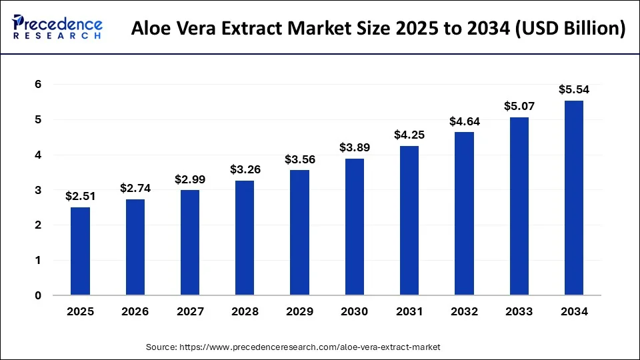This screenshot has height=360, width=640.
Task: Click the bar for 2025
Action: pyautogui.click(x=80, y=251)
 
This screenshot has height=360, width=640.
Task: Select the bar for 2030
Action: pyautogui.click(x=355, y=227)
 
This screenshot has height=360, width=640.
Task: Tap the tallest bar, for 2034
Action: pyautogui.click(x=574, y=198)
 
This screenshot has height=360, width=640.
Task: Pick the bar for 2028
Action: pyautogui.click(x=245, y=238)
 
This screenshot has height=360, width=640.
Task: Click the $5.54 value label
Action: pyautogui.click(x=574, y=89)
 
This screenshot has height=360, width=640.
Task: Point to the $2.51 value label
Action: pyautogui.click(x=80, y=196)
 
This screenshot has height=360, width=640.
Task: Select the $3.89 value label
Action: pyautogui.click(x=355, y=147)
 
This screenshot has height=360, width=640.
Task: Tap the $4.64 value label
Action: pyautogui.click(x=464, y=121)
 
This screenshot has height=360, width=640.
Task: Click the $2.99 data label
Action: pyautogui.click(x=190, y=179)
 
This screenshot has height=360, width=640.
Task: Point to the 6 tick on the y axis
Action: pyautogui.click(x=39, y=85)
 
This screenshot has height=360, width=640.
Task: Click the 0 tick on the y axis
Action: pyautogui.click(x=39, y=296)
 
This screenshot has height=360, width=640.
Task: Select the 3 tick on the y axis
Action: pyautogui.click(x=39, y=190)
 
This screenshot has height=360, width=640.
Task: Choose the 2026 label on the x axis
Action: pyautogui.click(x=135, y=312)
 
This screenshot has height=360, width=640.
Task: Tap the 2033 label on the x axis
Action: pyautogui.click(x=519, y=312)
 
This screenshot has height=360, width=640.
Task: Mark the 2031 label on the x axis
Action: pyautogui.click(x=409, y=312)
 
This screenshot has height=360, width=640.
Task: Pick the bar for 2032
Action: pyautogui.click(x=464, y=213)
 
